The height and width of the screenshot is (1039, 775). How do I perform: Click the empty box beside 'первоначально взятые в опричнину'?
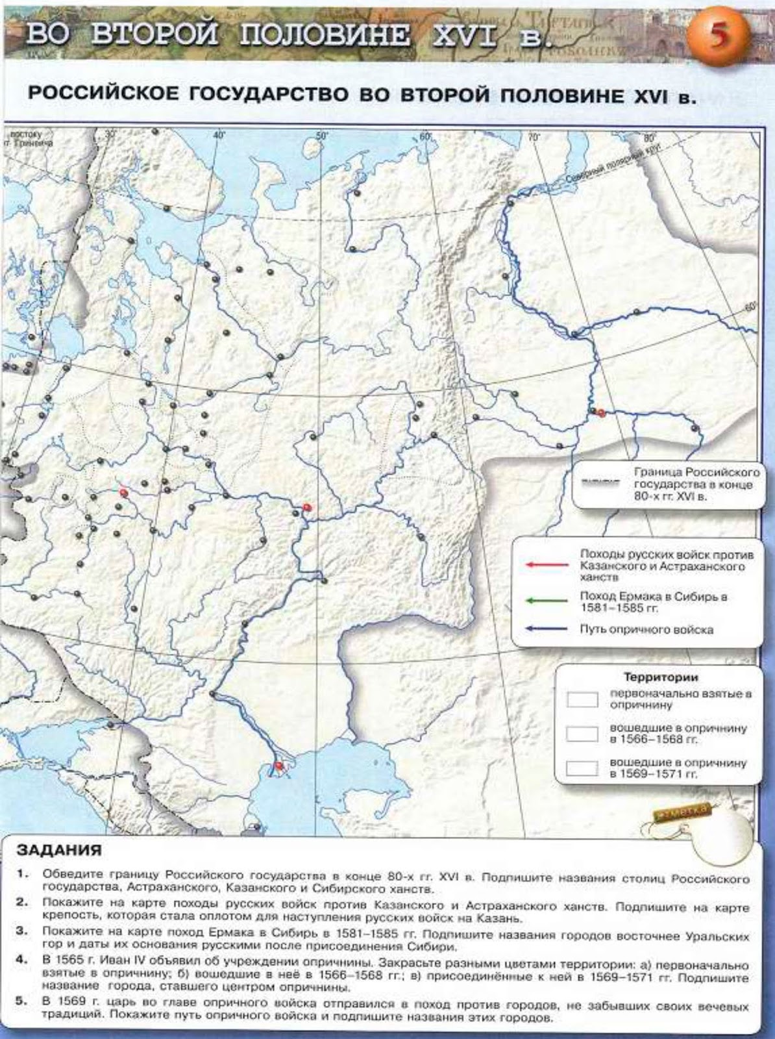[x=582, y=699]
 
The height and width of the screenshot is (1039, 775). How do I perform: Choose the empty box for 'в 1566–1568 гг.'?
[x=582, y=733]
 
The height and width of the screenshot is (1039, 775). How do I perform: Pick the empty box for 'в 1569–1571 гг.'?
[x=582, y=768]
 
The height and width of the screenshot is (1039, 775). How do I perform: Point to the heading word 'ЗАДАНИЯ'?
[x=59, y=850]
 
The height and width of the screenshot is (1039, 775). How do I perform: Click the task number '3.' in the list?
[x=22, y=931]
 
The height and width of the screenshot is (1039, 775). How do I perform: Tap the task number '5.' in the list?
[x=22, y=1001]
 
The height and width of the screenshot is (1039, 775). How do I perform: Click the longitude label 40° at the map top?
[x=219, y=135]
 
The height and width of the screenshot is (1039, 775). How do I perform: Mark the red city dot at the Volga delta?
[x=278, y=766]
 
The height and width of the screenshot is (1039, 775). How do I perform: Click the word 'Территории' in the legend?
[x=661, y=677]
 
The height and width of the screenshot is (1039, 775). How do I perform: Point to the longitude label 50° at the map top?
[x=321, y=135]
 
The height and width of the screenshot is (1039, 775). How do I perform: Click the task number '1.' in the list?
[x=22, y=873]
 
